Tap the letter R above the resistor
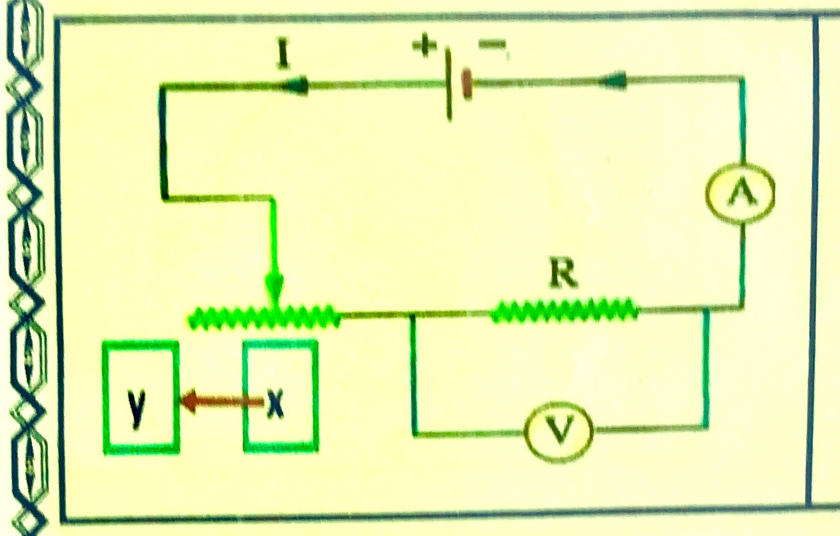[x=563, y=276]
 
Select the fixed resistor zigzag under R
[x=564, y=310]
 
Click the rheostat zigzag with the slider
[x=264, y=317]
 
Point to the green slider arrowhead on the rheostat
[x=274, y=289]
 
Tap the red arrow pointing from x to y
[x=222, y=402]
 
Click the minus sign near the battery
[x=492, y=46]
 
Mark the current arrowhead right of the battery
[x=613, y=81]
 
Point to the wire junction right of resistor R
[x=706, y=310]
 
